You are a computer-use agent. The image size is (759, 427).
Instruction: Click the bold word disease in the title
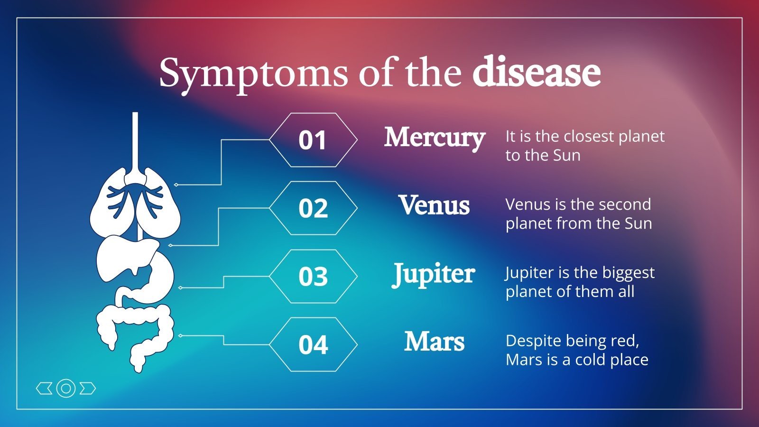tap(536, 73)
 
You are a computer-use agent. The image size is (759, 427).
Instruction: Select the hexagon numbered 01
tap(313, 140)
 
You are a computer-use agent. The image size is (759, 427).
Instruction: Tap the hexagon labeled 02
tap(313, 208)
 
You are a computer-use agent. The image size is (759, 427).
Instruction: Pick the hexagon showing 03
tap(313, 276)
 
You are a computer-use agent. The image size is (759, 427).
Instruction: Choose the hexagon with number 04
tap(313, 344)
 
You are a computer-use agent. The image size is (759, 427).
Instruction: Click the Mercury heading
tap(434, 138)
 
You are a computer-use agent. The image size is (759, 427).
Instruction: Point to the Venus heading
tap(434, 205)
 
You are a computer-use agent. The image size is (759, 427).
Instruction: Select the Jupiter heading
tap(434, 274)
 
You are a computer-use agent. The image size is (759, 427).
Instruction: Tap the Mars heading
tap(434, 342)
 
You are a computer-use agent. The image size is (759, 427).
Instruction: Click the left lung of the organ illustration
tap(110, 204)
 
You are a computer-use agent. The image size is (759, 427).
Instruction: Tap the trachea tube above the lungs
tap(135, 142)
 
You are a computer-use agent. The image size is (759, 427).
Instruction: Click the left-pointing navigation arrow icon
tap(44, 389)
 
